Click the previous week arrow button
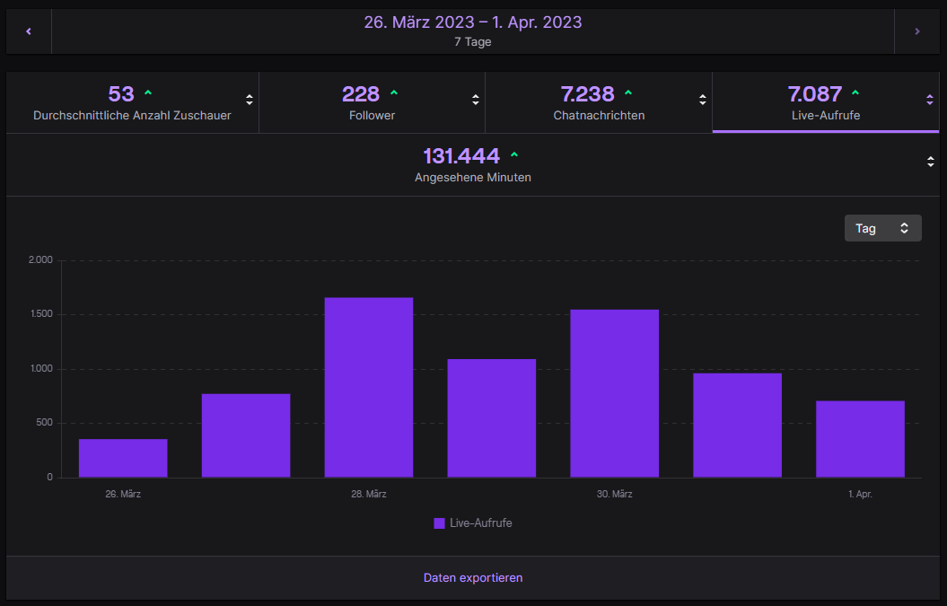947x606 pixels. tap(29, 31)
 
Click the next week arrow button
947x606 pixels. tap(916, 31)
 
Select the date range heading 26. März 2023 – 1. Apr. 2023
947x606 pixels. tap(472, 22)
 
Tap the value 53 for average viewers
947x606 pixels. tap(121, 94)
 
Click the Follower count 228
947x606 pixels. tap(360, 94)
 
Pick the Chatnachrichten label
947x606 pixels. tap(599, 116)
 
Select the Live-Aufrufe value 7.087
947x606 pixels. tap(814, 94)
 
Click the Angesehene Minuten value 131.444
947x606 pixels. tap(461, 157)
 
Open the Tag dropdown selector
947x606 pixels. tap(882, 228)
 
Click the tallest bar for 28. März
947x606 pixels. tap(369, 387)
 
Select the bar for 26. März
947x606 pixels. tap(123, 458)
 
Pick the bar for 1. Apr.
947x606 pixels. tap(860, 439)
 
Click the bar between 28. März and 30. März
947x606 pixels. tap(492, 418)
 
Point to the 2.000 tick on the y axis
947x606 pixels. tap(40, 260)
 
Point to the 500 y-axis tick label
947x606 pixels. tap(44, 423)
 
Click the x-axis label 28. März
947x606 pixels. tap(369, 495)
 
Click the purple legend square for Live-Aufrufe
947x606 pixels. tap(439, 523)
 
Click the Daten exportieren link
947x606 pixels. tap(473, 578)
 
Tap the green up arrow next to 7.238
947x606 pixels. tap(628, 92)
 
